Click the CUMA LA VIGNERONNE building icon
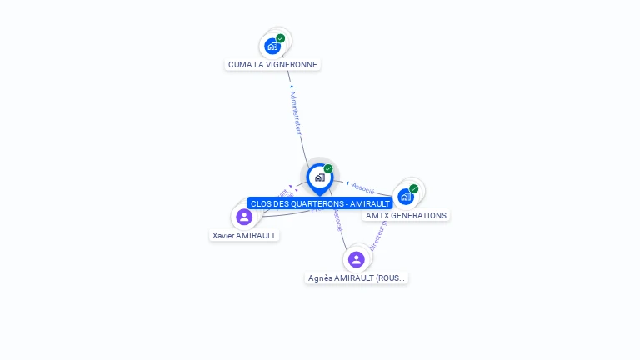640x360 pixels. [x=272, y=46]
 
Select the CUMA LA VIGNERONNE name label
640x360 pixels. [x=272, y=64]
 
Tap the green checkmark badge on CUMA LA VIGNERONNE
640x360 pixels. [x=281, y=38]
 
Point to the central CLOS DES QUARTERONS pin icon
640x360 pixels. [x=319, y=177]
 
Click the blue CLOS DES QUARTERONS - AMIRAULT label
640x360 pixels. [x=320, y=203]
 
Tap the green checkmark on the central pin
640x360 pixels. [x=328, y=169]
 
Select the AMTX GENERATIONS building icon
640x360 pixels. [x=405, y=197]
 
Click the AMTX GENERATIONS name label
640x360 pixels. [x=406, y=215]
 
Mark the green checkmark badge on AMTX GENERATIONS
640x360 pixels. [x=413, y=189]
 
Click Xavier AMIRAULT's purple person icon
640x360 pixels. [x=244, y=217]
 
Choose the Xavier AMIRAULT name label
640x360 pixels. [x=244, y=235]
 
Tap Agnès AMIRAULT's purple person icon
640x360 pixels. [x=357, y=259]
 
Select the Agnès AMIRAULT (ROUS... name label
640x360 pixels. [x=357, y=277]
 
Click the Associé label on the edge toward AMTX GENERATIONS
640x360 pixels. [x=363, y=187]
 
